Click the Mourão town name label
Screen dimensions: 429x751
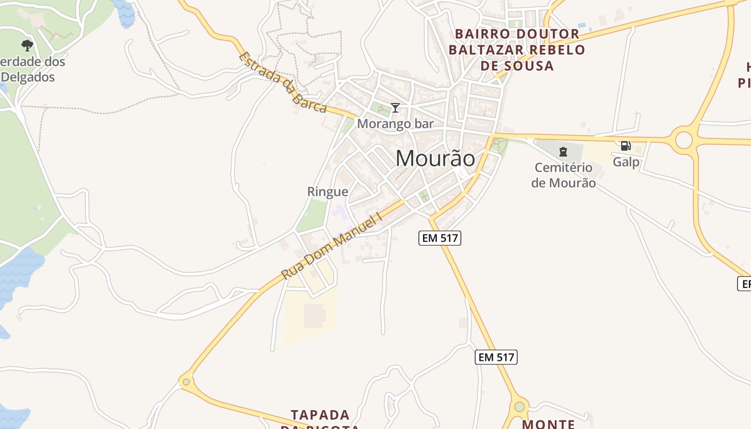[x=435, y=158]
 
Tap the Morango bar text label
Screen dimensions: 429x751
[x=395, y=123]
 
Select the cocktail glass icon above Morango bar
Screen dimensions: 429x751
[x=395, y=108]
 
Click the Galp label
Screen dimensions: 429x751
[x=626, y=161]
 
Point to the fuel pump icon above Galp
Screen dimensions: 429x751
[x=625, y=145]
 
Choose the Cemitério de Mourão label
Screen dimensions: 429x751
[x=563, y=175]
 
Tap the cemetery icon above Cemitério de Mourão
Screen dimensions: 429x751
[x=563, y=152]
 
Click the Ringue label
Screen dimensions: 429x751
[x=327, y=191]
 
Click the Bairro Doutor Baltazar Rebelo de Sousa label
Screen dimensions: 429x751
[x=517, y=50]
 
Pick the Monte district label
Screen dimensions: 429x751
[x=548, y=424]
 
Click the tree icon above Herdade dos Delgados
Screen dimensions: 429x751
[x=27, y=45]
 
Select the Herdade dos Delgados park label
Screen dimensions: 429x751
[x=32, y=69]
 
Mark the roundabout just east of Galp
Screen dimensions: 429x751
[x=683, y=140]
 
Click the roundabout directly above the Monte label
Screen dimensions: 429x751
[x=519, y=406]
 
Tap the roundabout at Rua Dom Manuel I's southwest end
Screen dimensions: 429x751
[x=186, y=382]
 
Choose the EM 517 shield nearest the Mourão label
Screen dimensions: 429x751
[x=440, y=238]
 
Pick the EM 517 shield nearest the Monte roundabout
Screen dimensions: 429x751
[x=496, y=357]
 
